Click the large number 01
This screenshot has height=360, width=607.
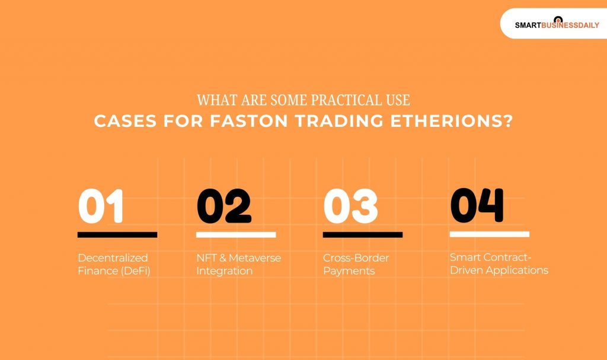click(101, 206)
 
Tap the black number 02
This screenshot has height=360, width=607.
click(223, 206)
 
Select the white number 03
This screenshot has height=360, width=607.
click(350, 206)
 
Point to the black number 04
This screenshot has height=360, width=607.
click(477, 205)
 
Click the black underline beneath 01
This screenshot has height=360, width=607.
click(117, 235)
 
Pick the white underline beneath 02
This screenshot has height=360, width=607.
click(236, 235)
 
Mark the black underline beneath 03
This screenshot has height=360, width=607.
click(363, 235)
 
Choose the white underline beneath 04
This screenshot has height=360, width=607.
click(489, 234)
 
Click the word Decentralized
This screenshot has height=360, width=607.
click(113, 258)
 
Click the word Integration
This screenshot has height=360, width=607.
click(224, 271)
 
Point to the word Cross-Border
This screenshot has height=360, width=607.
click(356, 258)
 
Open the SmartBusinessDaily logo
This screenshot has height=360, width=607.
click(557, 24)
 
